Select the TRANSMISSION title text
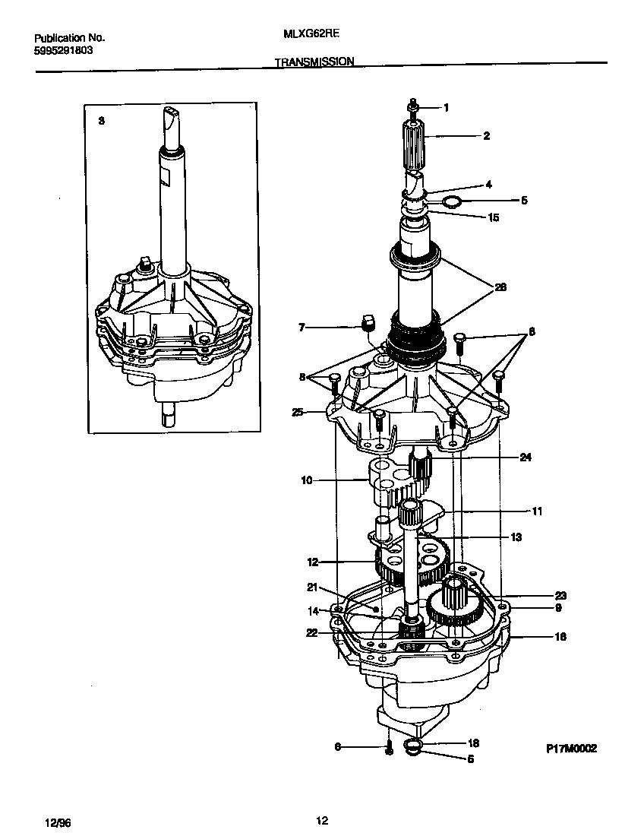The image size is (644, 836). click(314, 62)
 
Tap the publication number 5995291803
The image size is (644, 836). click(65, 51)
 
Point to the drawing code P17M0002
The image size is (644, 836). click(571, 749)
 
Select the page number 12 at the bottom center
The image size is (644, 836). click(321, 820)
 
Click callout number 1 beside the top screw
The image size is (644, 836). click(447, 108)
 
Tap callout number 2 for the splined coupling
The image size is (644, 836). click(486, 136)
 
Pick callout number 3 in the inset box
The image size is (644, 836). click(102, 121)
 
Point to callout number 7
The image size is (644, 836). click(301, 328)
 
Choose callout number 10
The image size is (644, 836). click(306, 480)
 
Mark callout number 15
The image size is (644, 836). click(494, 217)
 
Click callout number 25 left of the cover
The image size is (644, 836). click(298, 413)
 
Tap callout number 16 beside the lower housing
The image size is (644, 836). click(560, 637)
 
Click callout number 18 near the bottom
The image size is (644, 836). click(472, 743)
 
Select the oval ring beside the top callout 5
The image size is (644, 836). click(452, 201)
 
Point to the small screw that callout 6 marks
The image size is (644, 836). click(388, 749)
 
